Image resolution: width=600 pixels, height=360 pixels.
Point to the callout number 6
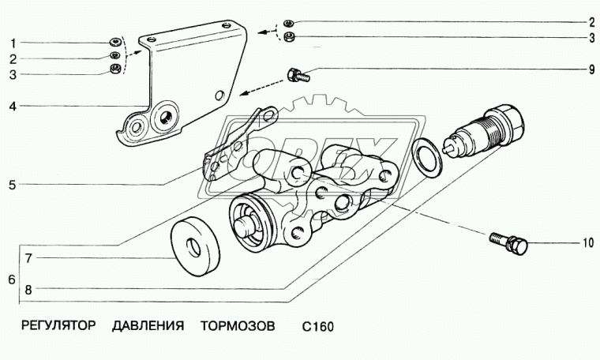[9, 279]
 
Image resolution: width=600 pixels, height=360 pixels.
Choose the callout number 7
[28, 258]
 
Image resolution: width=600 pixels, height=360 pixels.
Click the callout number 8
[28, 290]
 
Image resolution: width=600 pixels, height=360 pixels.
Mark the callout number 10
[587, 244]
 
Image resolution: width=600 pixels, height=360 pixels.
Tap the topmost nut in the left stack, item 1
[116, 42]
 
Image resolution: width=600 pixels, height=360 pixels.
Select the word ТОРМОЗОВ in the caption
[237, 325]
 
